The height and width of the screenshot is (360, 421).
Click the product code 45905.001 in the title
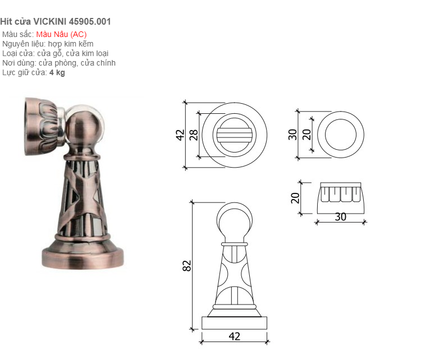pos(90,21)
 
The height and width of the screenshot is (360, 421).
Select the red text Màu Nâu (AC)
pos(62,34)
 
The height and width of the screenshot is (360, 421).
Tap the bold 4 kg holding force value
pos(57,72)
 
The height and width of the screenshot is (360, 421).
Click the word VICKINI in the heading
pos(50,21)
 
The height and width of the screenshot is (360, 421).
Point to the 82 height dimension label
pos(187,266)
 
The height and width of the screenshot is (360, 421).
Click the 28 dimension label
pos(194,135)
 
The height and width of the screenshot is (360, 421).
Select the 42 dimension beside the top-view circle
pos(180,135)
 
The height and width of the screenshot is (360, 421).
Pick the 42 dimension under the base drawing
pos(235,336)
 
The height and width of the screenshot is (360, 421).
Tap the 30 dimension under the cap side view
pos(341,217)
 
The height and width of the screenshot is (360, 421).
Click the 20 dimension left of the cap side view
pos(295,198)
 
